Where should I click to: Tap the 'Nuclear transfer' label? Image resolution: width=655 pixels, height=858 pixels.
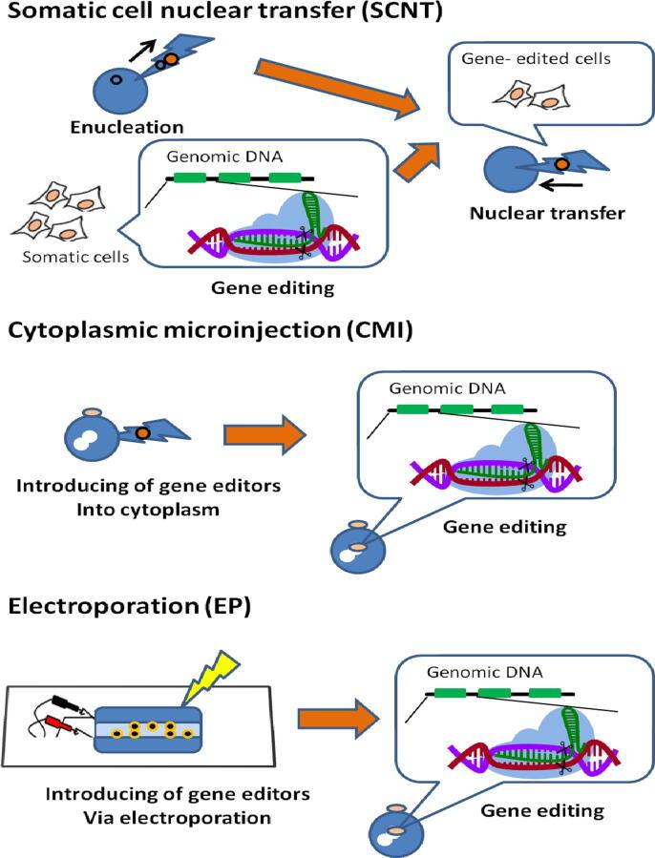(x=547, y=212)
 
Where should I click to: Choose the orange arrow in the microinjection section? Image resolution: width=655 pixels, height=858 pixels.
(x=264, y=435)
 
